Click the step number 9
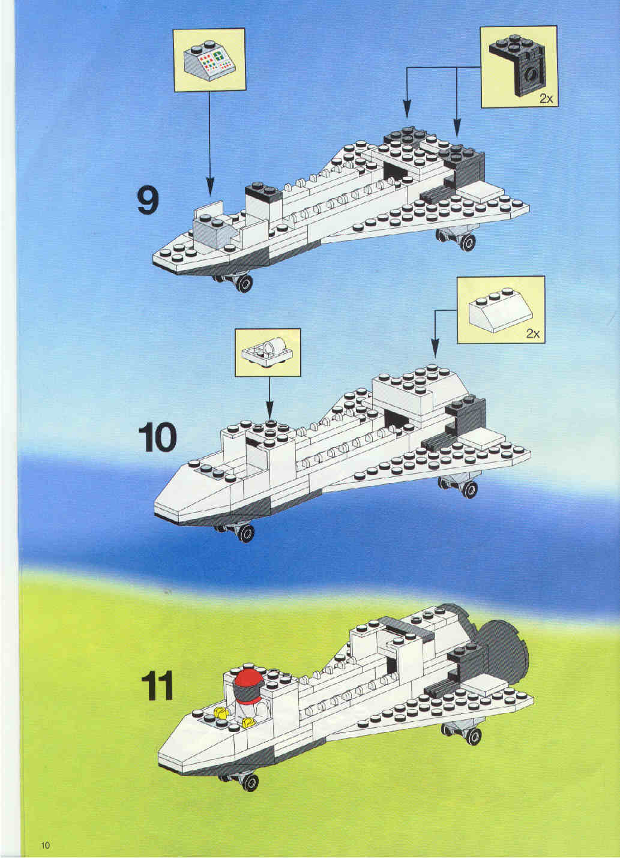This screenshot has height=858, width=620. [148, 202]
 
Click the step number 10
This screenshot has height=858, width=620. [157, 438]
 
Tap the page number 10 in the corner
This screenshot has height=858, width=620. [45, 842]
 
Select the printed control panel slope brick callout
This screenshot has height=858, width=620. [209, 61]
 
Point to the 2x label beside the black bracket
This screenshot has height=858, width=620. [546, 99]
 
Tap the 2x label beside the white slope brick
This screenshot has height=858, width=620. [532, 334]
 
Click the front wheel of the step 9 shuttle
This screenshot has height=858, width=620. [244, 283]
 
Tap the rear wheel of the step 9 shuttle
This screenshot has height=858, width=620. [467, 242]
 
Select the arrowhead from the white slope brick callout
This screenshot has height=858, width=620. [435, 349]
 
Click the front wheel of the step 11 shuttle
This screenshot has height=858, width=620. [250, 782]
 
